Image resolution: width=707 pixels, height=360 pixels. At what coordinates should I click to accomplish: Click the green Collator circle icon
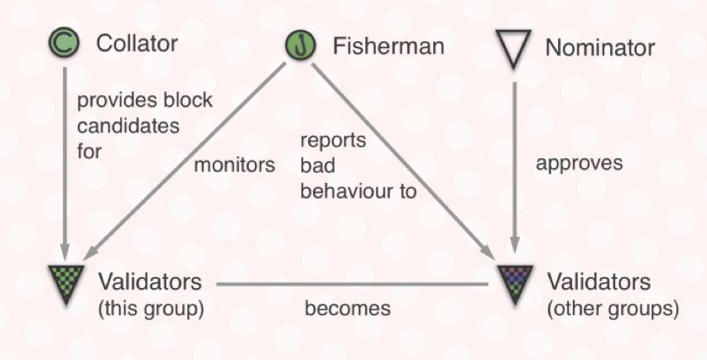[x=64, y=42]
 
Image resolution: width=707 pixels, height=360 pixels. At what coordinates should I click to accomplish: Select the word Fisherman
[x=387, y=46]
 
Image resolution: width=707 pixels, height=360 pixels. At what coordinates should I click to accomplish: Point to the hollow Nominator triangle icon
[x=514, y=47]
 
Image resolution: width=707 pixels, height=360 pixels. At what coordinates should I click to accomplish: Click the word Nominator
[x=599, y=48]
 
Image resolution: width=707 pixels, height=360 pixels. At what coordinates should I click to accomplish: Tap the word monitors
[x=234, y=165]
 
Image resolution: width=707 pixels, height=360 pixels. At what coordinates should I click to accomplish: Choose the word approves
[x=579, y=163]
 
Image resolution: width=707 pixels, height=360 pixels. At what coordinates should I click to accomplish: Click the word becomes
[x=347, y=309]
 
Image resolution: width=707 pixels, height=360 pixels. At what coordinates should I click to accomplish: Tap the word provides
[x=107, y=100]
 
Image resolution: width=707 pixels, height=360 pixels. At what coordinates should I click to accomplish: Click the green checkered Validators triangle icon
[x=64, y=282]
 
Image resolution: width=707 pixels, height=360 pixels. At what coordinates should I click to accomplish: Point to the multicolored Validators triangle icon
[x=514, y=282]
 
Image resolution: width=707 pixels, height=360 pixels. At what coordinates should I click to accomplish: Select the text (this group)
[x=150, y=310]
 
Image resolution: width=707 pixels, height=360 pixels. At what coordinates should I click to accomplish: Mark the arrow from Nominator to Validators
[x=515, y=166]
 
